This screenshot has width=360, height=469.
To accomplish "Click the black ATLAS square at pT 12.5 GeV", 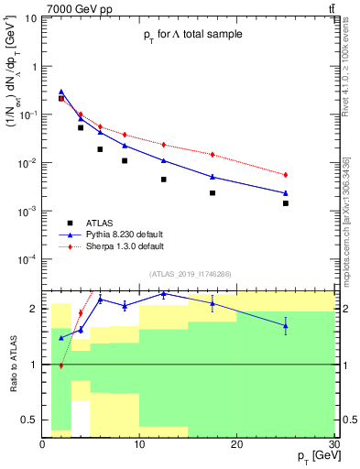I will click(x=164, y=180).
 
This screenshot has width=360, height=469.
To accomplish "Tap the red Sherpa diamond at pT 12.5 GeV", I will click(x=164, y=145).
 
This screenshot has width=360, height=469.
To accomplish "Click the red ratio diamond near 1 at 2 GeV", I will click(x=61, y=365).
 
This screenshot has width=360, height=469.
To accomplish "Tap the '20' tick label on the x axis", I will click(x=237, y=444).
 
